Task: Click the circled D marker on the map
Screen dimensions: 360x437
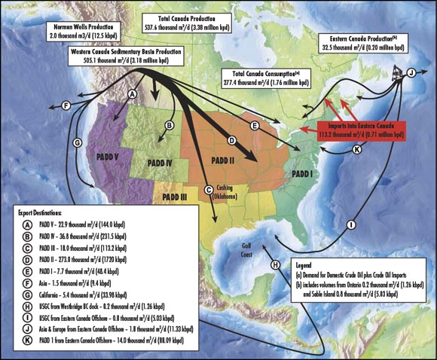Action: point(232,140)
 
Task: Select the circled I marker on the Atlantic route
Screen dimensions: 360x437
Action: point(351,224)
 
